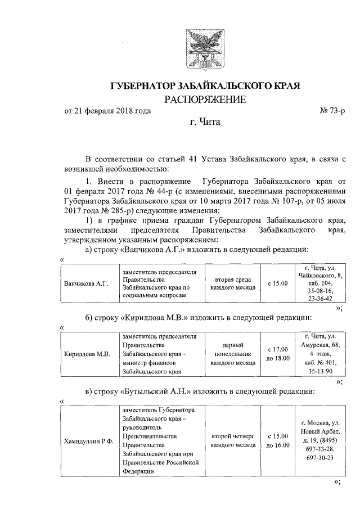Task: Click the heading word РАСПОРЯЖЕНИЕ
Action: click(x=205, y=100)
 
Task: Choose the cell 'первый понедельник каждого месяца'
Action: click(x=232, y=354)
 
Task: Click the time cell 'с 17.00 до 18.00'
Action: click(x=277, y=354)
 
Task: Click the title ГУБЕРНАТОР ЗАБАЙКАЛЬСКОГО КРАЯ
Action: click(x=205, y=86)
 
